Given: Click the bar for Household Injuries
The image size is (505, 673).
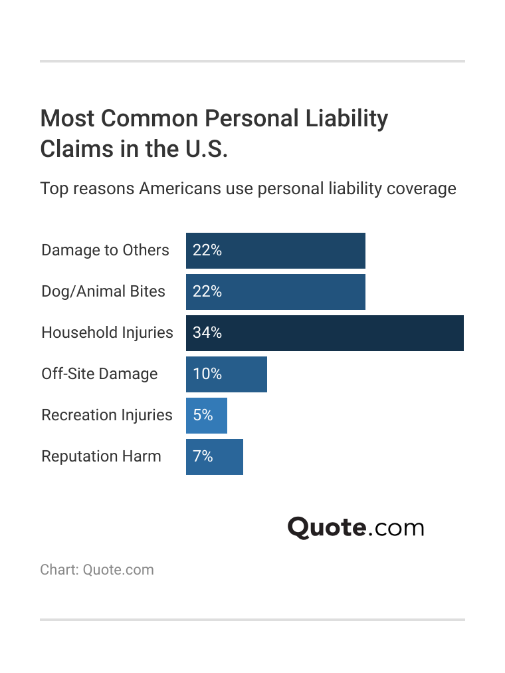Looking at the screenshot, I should [x=324, y=333].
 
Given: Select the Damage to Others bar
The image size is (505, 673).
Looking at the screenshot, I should [x=275, y=251].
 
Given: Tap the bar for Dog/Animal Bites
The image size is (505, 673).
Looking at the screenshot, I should [x=275, y=292].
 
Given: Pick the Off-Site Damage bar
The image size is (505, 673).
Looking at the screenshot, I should [x=226, y=374].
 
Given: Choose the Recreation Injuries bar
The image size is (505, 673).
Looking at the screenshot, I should [x=206, y=416].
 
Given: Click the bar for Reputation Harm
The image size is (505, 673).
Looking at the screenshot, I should [x=214, y=457].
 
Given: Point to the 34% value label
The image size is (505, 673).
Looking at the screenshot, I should [x=207, y=333].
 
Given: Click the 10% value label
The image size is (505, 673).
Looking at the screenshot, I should [x=207, y=374].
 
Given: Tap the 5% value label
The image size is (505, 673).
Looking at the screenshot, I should [x=203, y=416].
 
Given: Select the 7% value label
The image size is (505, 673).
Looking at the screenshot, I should [x=203, y=457].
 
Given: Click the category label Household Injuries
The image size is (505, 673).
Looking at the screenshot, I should [x=107, y=333].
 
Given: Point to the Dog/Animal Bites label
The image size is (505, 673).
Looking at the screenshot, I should [x=103, y=291].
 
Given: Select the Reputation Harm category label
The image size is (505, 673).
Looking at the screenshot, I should [x=101, y=456].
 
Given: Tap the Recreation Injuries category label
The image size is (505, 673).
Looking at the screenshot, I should [x=106, y=415].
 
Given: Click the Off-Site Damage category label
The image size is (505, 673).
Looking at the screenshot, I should [x=99, y=374].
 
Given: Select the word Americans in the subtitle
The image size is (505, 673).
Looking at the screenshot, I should [x=179, y=189].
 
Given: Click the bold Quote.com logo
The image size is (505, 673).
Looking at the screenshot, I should [x=355, y=527].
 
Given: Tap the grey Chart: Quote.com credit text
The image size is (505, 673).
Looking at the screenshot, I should [x=97, y=570].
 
